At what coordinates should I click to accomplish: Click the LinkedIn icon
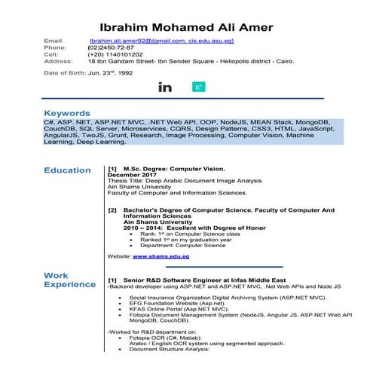coord(165,87)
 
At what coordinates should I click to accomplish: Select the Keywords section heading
coord(67,113)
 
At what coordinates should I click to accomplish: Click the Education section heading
coord(67,170)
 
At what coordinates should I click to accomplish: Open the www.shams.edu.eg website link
coord(161,257)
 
